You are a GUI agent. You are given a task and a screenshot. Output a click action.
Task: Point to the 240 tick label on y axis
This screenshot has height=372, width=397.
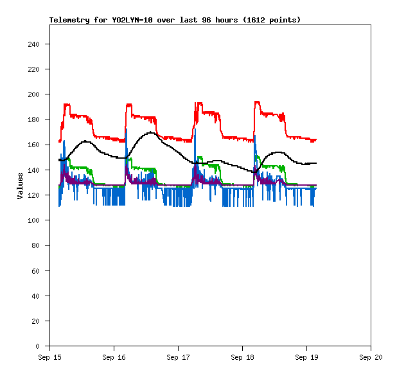click(x=33, y=44)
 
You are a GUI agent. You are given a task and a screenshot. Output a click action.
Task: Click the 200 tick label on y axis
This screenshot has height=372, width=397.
click(x=33, y=94)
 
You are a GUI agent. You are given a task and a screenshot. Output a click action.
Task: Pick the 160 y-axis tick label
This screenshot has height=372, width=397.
click(x=33, y=145)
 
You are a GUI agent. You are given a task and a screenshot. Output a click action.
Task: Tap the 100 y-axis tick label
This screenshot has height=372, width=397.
click(x=33, y=220)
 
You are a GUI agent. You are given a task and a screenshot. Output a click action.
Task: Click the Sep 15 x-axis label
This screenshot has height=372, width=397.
click(x=49, y=357)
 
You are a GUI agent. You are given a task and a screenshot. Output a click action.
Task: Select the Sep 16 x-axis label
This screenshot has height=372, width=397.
click(x=114, y=357)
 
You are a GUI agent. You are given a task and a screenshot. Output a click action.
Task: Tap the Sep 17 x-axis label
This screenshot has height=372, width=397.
click(x=178, y=357)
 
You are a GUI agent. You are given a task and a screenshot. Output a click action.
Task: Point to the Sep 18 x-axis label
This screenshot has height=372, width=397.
click(x=242, y=357)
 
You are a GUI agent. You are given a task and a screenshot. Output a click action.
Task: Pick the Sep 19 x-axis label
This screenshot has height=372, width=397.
click(x=306, y=357)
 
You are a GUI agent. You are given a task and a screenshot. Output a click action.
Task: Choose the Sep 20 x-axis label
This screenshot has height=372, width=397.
click(x=371, y=357)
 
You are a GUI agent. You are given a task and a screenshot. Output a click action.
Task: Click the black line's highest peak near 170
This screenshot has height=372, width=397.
click(x=151, y=132)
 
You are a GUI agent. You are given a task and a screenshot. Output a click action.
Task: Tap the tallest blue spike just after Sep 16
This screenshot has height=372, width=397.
click(x=127, y=129)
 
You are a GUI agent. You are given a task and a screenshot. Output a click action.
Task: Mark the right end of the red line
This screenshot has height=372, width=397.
click(x=316, y=139)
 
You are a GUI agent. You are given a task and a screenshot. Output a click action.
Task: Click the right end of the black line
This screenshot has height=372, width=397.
click(x=316, y=163)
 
